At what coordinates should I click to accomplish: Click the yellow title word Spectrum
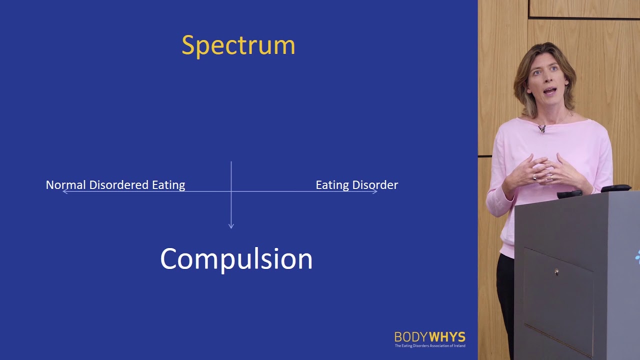point(238,45)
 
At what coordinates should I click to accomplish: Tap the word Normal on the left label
point(65,185)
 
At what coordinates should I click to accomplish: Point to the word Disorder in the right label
point(374,185)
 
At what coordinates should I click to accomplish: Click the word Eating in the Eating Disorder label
point(331,185)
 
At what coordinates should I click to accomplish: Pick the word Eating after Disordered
point(168,185)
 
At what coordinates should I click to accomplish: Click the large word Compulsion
point(236,259)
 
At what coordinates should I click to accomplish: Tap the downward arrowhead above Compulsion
point(231,226)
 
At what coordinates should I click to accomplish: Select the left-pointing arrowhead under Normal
point(64,191)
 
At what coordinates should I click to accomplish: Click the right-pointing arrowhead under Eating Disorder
point(375,191)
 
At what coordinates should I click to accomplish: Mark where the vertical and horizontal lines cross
point(231,191)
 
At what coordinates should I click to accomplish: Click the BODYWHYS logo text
point(429,336)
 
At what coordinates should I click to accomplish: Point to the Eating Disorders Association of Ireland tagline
point(429,345)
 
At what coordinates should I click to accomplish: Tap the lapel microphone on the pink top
point(541,128)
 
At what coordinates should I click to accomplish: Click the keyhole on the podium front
point(556,272)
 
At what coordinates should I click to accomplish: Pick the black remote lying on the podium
point(569,194)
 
